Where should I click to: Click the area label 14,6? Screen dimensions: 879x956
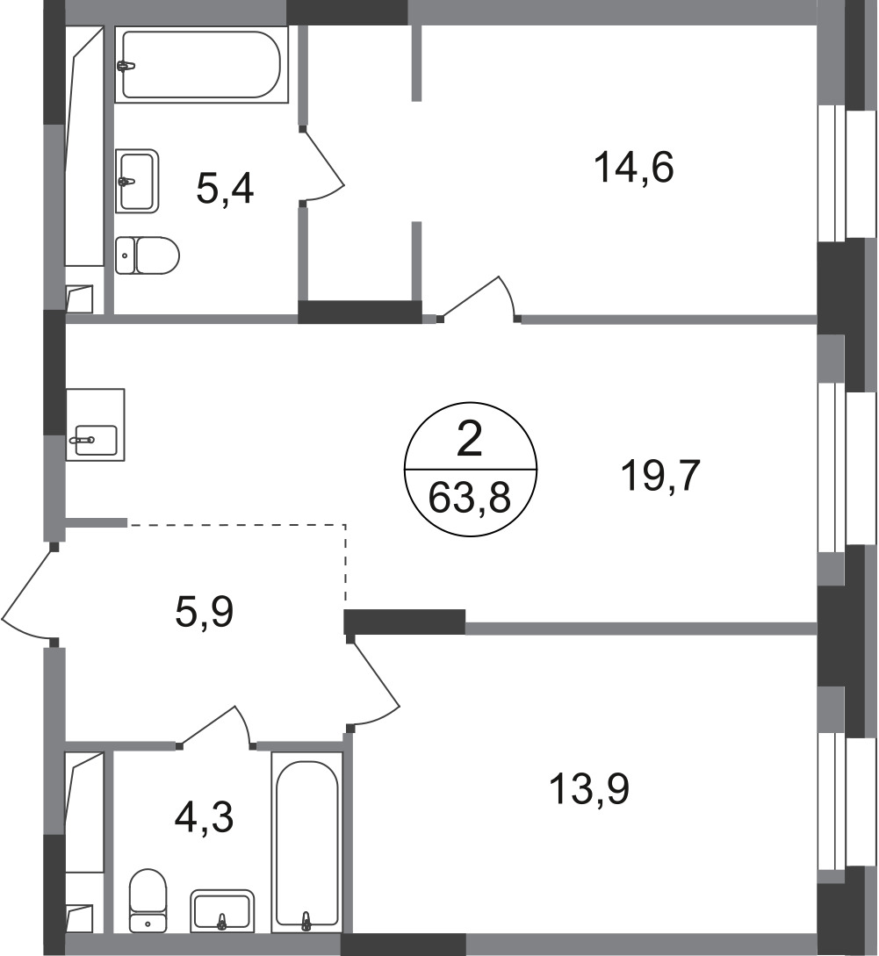633,168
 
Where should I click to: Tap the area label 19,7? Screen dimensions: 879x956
661,476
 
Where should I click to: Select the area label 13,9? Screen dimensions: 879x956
589,788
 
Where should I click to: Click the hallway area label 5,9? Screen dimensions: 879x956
205,612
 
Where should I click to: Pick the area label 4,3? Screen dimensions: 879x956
204,817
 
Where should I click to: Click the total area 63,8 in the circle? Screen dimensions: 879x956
470,498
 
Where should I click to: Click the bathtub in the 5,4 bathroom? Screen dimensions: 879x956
201,64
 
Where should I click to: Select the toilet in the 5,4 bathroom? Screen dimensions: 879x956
147,255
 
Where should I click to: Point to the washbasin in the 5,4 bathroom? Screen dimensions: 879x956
137,181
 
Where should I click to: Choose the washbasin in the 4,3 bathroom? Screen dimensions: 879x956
222,911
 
